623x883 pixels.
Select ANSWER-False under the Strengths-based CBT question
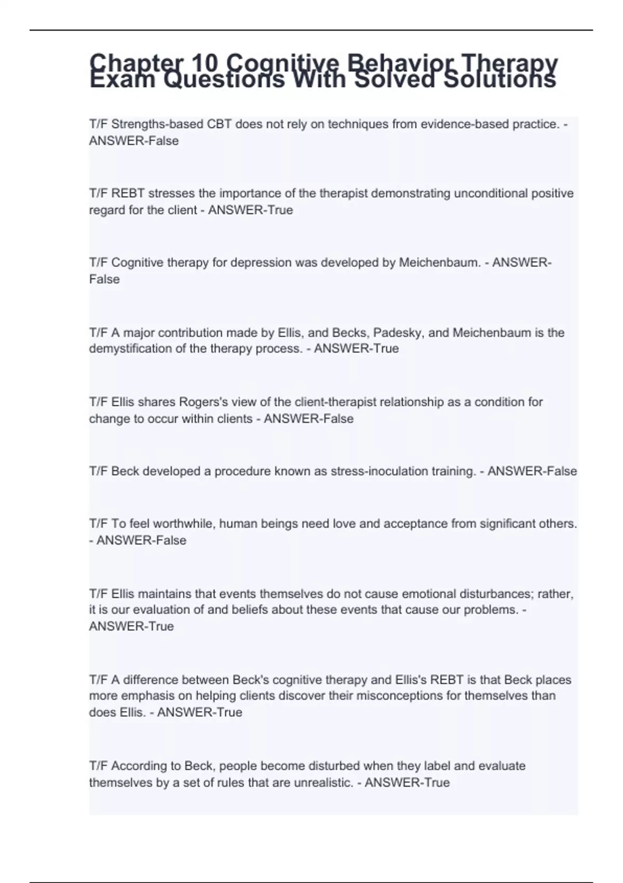(134, 141)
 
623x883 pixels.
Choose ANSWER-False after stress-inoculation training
(532, 471)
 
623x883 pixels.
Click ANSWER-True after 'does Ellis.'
(199, 712)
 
